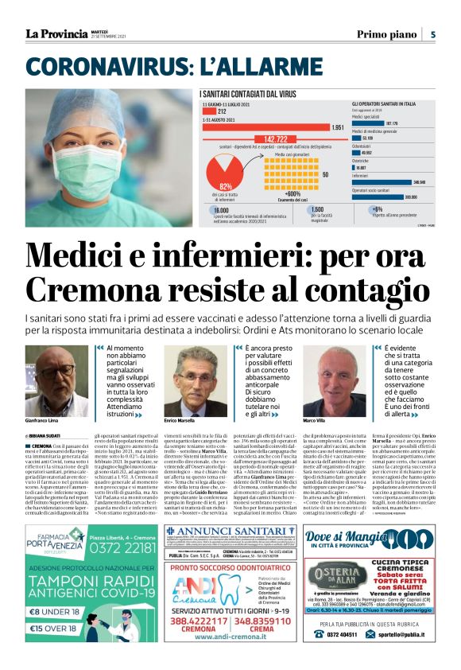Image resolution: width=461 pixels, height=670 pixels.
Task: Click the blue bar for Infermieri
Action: pyautogui.click(x=381, y=181)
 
